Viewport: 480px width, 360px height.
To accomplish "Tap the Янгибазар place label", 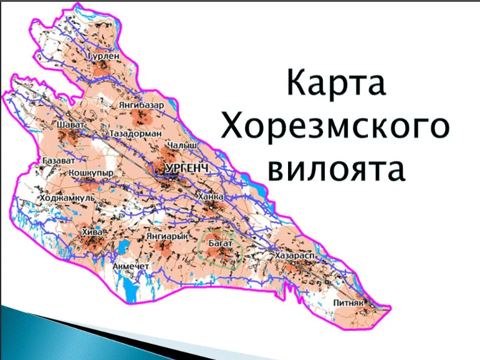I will [x=141, y=105].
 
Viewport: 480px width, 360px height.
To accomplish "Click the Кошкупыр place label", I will [x=92, y=172].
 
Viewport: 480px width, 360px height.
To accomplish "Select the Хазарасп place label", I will [x=292, y=256].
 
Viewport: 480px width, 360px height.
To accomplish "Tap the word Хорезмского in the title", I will [x=335, y=127].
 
